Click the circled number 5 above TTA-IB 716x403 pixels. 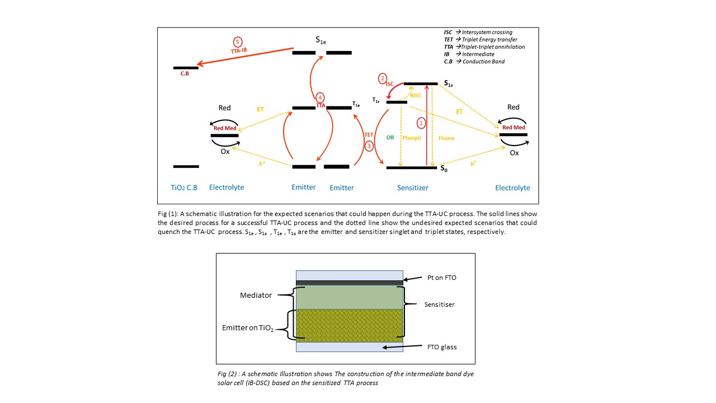click(238, 42)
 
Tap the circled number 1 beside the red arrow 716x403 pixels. click(421, 123)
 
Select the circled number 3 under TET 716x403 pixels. click(369, 146)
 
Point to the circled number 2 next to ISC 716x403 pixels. click(382, 78)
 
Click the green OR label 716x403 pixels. click(390, 138)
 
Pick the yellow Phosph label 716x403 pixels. click(412, 138)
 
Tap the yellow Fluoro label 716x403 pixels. click(446, 138)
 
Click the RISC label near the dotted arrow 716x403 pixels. click(416, 95)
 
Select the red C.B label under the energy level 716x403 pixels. click(185, 73)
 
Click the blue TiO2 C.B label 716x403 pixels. click(184, 188)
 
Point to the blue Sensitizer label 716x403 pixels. click(413, 188)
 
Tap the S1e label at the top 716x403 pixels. click(321, 40)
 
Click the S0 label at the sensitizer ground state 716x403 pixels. click(444, 168)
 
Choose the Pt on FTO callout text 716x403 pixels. click(442, 278)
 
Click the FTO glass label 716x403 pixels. click(442, 347)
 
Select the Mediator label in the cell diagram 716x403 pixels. click(256, 295)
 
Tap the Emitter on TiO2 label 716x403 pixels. click(248, 328)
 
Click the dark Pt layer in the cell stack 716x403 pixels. click(350, 283)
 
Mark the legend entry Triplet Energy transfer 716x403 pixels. click(489, 39)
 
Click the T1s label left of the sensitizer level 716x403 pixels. click(375, 100)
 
